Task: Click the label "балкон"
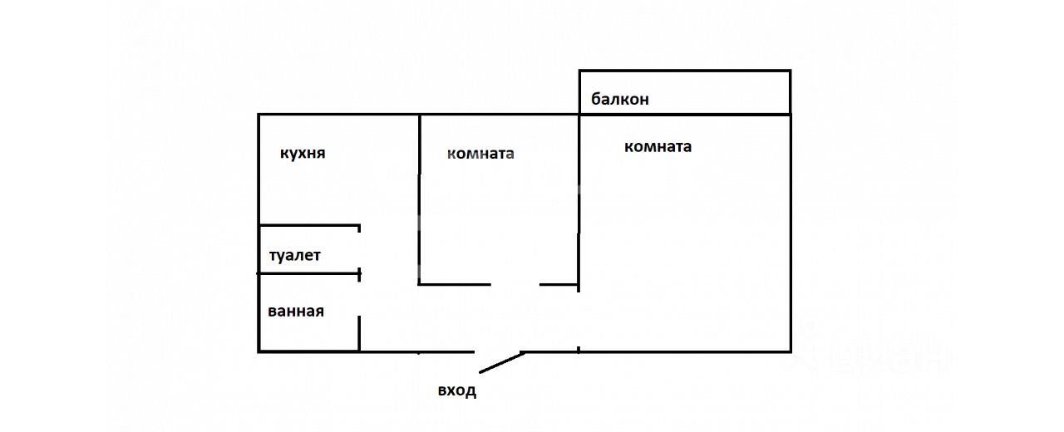[619, 100]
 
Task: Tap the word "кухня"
[303, 154]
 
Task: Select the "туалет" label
[294, 256]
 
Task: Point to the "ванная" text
[296, 312]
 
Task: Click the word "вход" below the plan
[457, 390]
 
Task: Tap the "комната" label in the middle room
[480, 154]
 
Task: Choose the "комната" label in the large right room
[658, 147]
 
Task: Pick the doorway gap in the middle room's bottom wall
[515, 284]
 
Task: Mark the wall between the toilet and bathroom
[308, 273]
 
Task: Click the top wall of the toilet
[308, 225]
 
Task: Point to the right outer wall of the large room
[790, 233]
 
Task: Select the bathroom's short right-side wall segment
[359, 333]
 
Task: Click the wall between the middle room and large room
[579, 199]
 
